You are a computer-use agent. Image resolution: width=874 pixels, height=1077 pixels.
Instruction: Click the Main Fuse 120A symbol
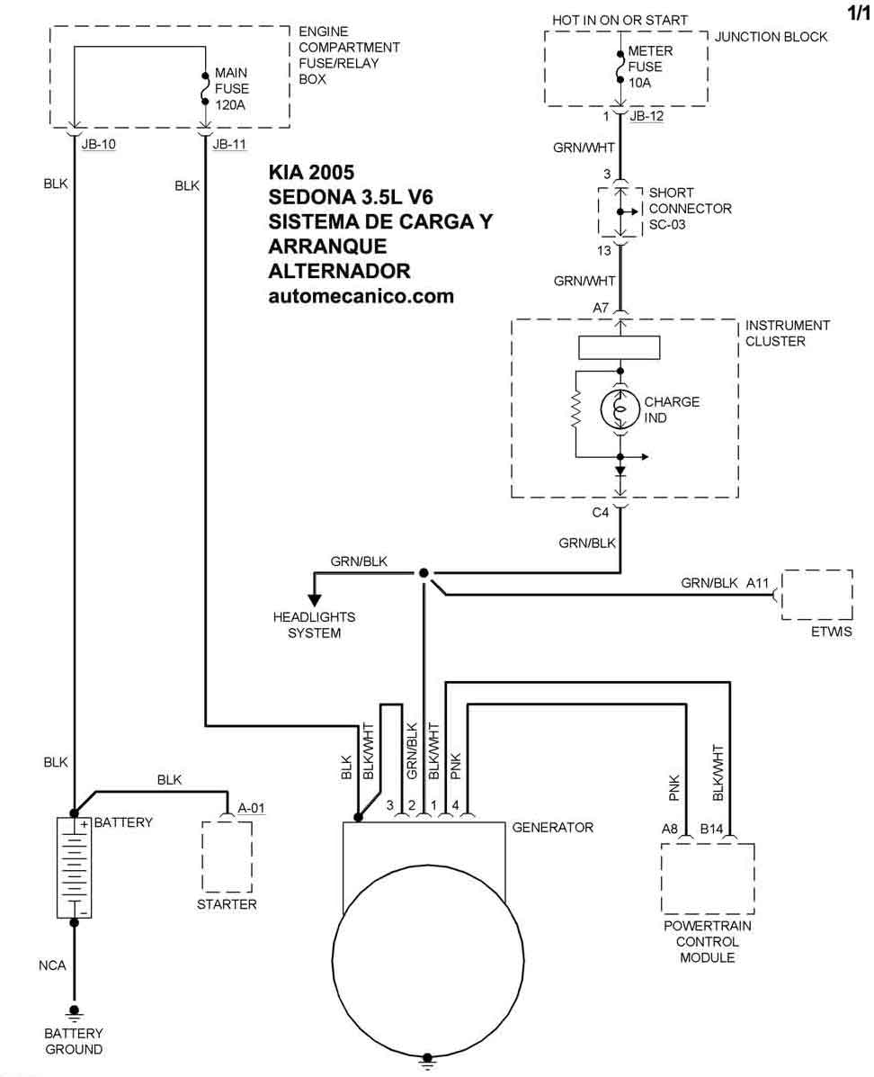205,88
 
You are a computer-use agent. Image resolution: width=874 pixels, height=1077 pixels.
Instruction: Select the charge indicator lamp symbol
620,409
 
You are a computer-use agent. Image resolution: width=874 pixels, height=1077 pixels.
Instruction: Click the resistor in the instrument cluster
575,410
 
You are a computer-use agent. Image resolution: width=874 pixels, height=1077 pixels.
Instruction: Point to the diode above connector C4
620,471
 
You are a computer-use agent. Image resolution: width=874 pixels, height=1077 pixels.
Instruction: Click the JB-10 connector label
99,144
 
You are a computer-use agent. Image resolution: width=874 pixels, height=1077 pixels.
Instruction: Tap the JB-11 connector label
229,144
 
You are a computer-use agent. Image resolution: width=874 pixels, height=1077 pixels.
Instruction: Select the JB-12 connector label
647,116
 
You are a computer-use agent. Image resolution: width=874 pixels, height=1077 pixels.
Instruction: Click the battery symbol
74,867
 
